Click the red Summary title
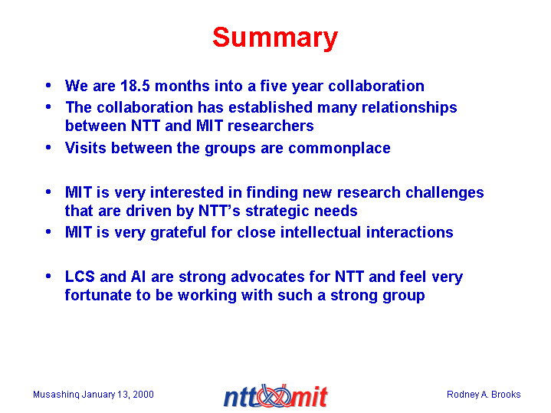[x=275, y=38]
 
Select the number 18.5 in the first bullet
[x=136, y=86]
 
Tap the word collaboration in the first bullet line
[x=376, y=86]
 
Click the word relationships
[x=409, y=107]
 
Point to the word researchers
[x=271, y=126]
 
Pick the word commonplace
[x=339, y=149]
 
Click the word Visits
[x=86, y=148]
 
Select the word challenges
[x=444, y=193]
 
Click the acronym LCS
[x=80, y=277]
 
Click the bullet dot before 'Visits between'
[x=48, y=148]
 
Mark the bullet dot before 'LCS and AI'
[x=48, y=277]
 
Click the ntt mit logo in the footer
[x=276, y=396]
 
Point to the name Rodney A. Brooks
[x=484, y=395]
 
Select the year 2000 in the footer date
[x=143, y=395]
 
